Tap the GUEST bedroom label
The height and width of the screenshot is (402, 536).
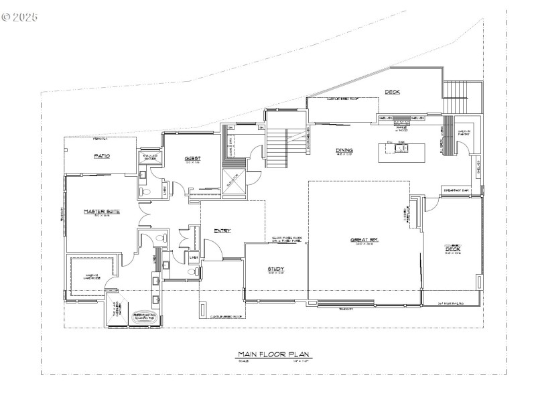193,159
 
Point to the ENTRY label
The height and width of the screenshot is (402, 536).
222,231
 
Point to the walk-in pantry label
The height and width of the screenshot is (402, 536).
464,133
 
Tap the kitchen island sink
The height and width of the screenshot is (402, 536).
399,148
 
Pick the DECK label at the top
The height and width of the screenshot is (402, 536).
392,92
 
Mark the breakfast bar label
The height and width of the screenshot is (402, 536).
456,190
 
